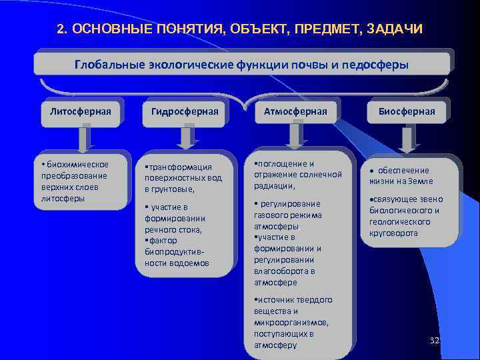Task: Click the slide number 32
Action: pyautogui.click(x=435, y=341)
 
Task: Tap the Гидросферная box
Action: pyautogui.click(x=185, y=111)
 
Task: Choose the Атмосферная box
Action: pyautogui.click(x=294, y=111)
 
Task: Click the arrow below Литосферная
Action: pyautogui.click(x=83, y=138)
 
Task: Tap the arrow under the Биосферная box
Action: pyautogui.click(x=406, y=138)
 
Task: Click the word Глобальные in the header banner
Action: pyautogui.click(x=105, y=65)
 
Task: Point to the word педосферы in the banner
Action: pyautogui.click(x=376, y=65)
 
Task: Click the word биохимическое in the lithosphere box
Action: pyautogui.click(x=77, y=164)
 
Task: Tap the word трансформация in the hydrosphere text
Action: pyautogui.click(x=181, y=167)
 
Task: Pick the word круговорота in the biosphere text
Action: pyautogui.click(x=393, y=233)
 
